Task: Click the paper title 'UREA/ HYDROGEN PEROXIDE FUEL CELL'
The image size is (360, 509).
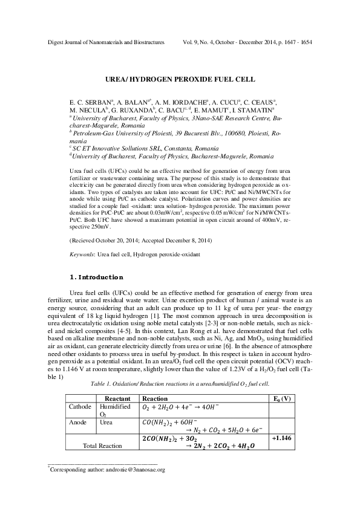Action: click(x=180, y=79)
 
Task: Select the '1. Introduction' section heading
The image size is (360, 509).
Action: click(x=97, y=277)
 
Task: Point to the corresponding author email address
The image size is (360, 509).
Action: click(x=133, y=468)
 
